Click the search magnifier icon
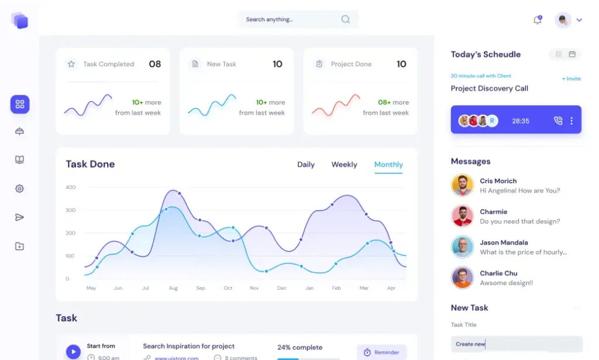click(x=346, y=19)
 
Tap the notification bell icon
click(x=537, y=20)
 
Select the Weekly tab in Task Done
click(x=344, y=164)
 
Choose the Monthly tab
click(x=388, y=164)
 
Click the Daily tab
click(x=306, y=164)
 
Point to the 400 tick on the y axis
click(x=71, y=187)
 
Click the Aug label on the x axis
click(x=173, y=288)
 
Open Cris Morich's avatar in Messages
click(x=462, y=185)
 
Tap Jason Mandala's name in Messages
click(x=504, y=242)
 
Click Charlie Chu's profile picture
click(x=462, y=277)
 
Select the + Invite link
click(x=572, y=78)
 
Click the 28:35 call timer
click(x=521, y=121)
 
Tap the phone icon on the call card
click(x=557, y=121)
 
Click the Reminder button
click(x=381, y=352)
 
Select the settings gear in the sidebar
click(x=20, y=188)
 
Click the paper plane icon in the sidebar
click(x=20, y=217)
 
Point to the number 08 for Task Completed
click(x=155, y=64)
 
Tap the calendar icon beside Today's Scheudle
click(x=572, y=54)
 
